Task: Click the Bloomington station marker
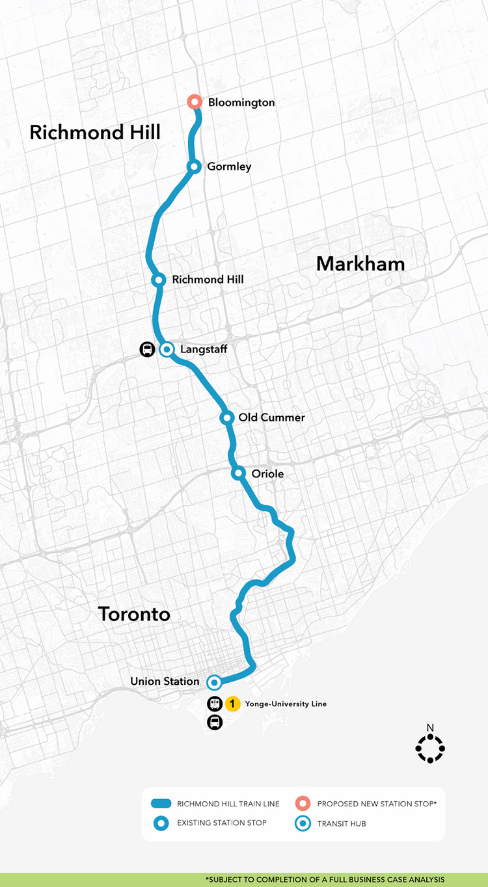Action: [x=194, y=102]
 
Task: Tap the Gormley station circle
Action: [x=194, y=166]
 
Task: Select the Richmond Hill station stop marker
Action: [x=158, y=280]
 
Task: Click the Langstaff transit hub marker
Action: [x=167, y=349]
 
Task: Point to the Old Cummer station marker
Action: [x=226, y=417]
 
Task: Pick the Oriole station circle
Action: [x=239, y=473]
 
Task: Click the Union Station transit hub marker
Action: [x=213, y=682]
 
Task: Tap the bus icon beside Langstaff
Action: [x=148, y=349]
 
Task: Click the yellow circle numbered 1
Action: [x=233, y=704]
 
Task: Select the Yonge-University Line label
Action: [x=286, y=704]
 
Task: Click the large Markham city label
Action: [x=360, y=263]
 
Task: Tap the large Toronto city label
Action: [x=134, y=613]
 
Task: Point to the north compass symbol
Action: [x=429, y=748]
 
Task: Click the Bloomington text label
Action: [x=241, y=102]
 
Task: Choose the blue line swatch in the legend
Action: [x=160, y=804]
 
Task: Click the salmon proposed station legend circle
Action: [x=301, y=804]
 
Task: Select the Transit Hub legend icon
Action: [x=301, y=823]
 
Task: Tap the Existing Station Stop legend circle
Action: [x=160, y=823]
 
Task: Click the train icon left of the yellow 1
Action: [x=215, y=704]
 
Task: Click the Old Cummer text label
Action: [x=271, y=417]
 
